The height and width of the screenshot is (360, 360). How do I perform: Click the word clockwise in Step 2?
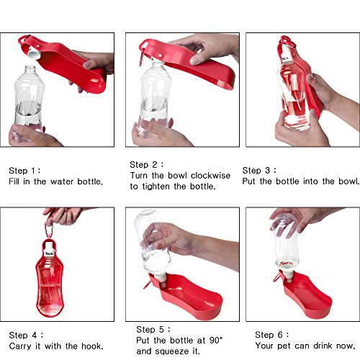click(210, 176)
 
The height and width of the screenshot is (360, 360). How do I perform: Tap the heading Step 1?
click(24, 171)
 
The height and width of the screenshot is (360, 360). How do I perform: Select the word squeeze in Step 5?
click(173, 351)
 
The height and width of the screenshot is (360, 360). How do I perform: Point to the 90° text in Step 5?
click(216, 341)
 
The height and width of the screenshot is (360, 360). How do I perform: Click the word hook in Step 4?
click(92, 346)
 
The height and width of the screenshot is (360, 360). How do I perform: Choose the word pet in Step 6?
click(284, 346)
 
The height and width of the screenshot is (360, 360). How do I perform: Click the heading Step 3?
click(259, 171)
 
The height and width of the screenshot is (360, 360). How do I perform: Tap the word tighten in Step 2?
click(156, 186)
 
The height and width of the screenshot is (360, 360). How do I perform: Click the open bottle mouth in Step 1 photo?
click(30, 67)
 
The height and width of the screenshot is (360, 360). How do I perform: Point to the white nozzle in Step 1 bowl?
click(34, 53)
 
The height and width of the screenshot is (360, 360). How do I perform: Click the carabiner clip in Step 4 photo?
click(50, 231)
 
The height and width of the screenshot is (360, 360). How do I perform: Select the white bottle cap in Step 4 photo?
click(50, 250)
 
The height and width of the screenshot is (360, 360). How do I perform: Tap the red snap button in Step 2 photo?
click(160, 55)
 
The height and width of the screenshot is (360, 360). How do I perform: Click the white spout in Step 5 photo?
click(161, 280)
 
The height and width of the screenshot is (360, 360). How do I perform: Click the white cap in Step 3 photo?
click(287, 54)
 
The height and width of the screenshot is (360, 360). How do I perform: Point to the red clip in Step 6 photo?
click(277, 276)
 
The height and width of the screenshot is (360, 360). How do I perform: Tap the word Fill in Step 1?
click(14, 181)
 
